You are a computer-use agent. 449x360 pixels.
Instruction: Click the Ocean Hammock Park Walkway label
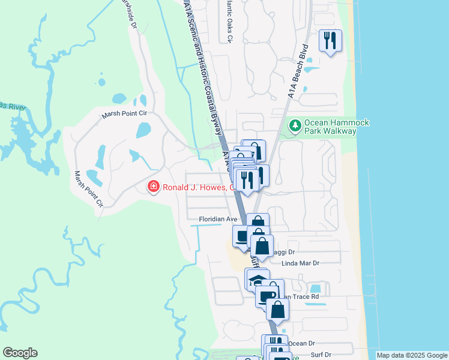[336, 127]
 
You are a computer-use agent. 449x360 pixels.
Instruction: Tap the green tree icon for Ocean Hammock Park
[295, 126]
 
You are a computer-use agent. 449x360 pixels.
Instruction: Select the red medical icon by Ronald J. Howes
[154, 187]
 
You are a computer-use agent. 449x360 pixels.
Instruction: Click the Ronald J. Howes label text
[197, 187]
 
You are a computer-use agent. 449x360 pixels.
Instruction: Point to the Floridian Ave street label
[218, 220]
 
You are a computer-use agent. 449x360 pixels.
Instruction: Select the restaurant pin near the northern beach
[330, 41]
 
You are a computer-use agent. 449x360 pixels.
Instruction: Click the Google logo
[20, 353]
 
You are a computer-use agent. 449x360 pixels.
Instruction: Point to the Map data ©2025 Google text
[411, 355]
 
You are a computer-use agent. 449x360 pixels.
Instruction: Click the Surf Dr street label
[321, 355]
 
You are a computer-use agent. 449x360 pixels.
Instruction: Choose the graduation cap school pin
[258, 280]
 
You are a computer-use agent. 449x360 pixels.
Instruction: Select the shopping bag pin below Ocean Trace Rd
[277, 310]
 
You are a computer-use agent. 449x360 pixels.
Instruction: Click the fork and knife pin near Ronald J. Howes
[247, 179]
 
